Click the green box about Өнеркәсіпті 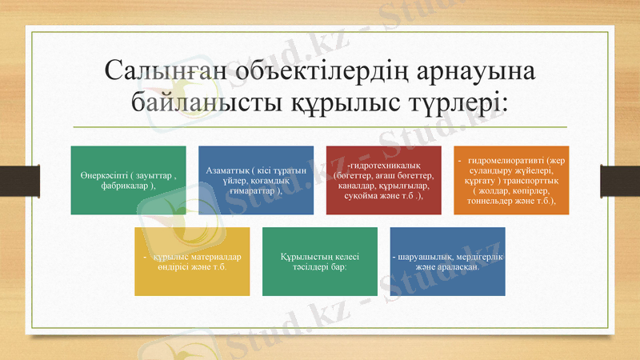[128, 180]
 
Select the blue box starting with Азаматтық [256, 180]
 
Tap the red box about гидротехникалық [384, 180]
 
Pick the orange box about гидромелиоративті [511, 180]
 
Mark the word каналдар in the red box [355, 186]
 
